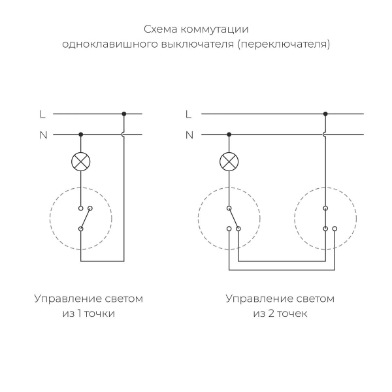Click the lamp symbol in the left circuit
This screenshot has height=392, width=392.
(81, 161)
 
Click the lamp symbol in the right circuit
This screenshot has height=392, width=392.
(229, 161)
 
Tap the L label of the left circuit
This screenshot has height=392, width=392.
(42, 114)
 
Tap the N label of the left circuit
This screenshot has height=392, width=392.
(43, 135)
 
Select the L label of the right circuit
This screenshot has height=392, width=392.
(189, 114)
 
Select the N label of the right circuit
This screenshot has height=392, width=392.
(189, 135)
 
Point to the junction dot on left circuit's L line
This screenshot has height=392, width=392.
(124, 114)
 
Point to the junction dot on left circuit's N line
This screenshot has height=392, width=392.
(81, 135)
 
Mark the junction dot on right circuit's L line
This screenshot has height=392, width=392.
(325, 114)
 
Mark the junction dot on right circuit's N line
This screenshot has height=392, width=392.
(229, 135)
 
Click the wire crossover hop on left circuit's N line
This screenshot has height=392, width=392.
(124, 135)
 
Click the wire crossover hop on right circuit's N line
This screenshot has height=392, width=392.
(325, 135)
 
